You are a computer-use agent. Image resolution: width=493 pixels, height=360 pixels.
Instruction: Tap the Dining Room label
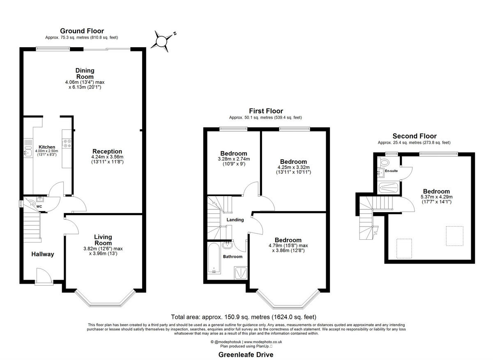[x=85, y=73]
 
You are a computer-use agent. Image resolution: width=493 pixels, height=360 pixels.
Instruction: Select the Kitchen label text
[x=47, y=147]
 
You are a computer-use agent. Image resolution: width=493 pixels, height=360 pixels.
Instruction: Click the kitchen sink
[x=28, y=152]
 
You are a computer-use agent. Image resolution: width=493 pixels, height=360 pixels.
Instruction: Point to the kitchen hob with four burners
[x=67, y=144]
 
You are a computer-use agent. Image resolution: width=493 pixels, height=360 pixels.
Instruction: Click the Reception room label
[x=107, y=151]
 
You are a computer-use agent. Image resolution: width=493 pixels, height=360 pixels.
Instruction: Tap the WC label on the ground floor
[x=40, y=206]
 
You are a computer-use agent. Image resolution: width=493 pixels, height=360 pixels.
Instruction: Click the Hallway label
[x=43, y=254]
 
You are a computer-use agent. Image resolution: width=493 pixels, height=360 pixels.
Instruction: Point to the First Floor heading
[x=266, y=111]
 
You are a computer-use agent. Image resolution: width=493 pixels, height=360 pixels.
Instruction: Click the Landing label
[x=235, y=220]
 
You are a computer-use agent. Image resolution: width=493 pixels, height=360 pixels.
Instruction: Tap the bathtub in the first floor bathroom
[x=214, y=258]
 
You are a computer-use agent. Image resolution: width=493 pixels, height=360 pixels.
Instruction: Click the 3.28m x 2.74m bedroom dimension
[x=233, y=159]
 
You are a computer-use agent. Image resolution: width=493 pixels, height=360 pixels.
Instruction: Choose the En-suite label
[x=391, y=171]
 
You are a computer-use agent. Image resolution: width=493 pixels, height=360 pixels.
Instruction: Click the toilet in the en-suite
[x=385, y=161]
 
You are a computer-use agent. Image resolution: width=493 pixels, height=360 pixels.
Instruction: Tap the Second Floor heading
[x=414, y=136]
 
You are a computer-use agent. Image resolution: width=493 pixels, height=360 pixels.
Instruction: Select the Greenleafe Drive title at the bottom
[x=246, y=354]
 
